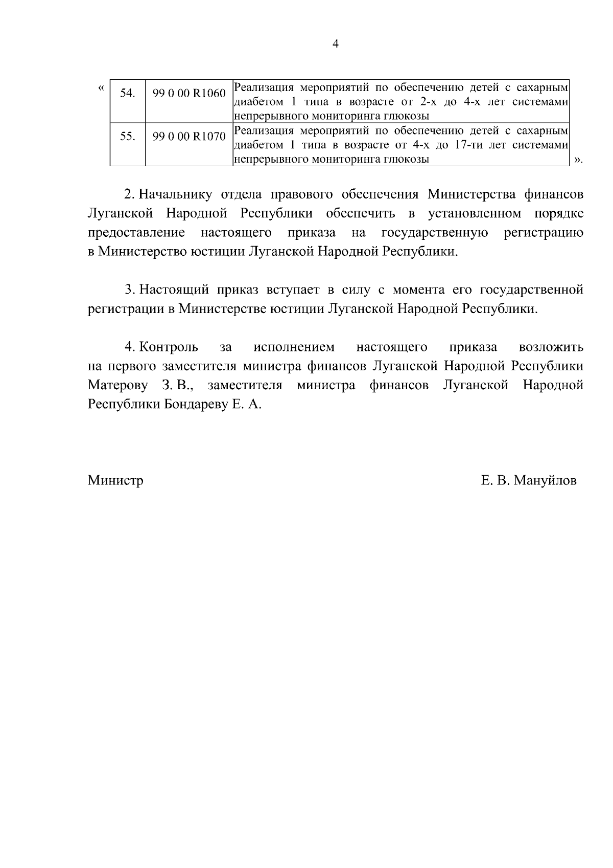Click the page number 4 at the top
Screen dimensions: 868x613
click(x=335, y=44)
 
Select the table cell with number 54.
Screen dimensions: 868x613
click(x=128, y=93)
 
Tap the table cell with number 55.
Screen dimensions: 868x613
click(x=128, y=137)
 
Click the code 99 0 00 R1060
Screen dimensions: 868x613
click(x=189, y=93)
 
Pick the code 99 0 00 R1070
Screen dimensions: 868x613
click(x=189, y=137)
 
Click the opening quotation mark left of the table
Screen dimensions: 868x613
click(x=101, y=88)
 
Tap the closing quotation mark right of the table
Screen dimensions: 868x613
click(x=577, y=160)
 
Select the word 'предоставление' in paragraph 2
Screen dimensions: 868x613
click(x=136, y=233)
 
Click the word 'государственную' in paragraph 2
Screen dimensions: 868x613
click(x=435, y=233)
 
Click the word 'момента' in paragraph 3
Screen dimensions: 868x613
click(x=418, y=290)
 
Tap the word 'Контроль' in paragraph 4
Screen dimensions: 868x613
click(x=169, y=347)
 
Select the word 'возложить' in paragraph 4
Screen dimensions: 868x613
click(x=551, y=347)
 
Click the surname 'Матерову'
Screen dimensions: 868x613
click(x=118, y=385)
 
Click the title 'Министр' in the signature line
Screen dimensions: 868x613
click(x=115, y=480)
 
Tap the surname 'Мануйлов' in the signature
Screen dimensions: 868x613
click(x=545, y=480)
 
